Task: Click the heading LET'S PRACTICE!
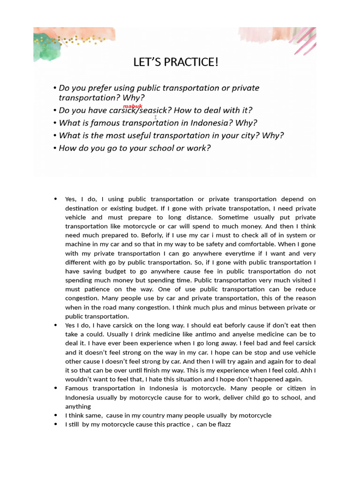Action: pyautogui.click(x=176, y=62)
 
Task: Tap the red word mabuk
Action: pyautogui.click(x=132, y=106)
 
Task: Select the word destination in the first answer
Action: pyautogui.click(x=82, y=208)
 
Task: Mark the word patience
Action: pyautogui.click(x=97, y=289)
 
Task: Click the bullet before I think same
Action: pyautogui.click(x=56, y=415)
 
